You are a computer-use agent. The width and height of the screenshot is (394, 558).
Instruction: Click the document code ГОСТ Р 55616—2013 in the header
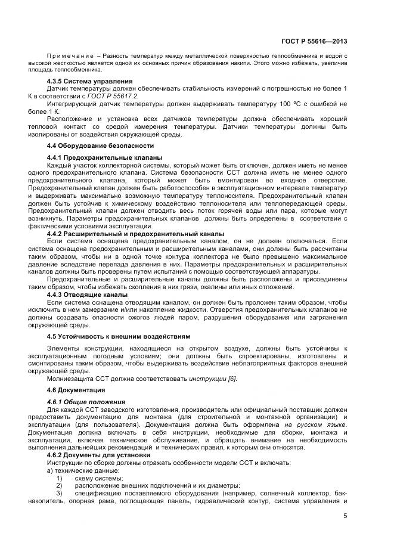pos(314,41)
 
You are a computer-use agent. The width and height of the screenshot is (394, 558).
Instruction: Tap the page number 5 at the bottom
pos(346,517)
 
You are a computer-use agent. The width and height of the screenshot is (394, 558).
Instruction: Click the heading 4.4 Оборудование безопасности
pos(100,145)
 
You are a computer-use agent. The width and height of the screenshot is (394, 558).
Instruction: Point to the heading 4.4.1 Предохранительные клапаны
pos(104,157)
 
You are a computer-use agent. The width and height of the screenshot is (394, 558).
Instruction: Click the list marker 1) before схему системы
pos(59,478)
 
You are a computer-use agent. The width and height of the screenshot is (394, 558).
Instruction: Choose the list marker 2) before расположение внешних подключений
pos(59,486)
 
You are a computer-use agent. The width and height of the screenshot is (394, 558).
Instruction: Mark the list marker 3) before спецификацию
pos(59,494)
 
